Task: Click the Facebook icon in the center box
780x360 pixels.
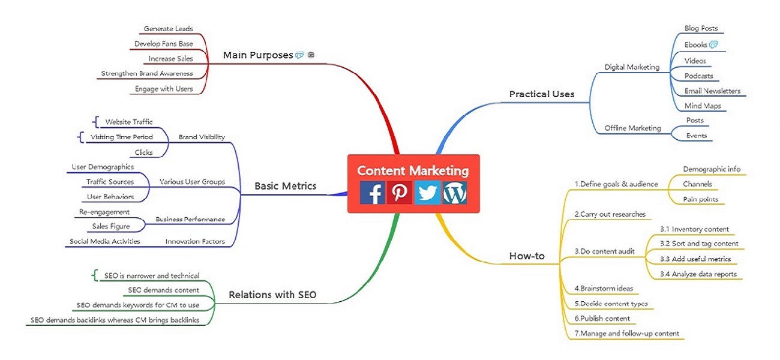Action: pos(373,192)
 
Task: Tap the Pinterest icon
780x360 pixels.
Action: pos(399,192)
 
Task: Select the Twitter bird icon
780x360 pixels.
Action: pos(427,192)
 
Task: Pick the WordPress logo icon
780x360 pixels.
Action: pos(454,192)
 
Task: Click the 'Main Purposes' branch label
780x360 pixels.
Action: pos(258,55)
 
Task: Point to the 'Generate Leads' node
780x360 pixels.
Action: pos(168,29)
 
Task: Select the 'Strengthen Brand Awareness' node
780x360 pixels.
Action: pos(147,74)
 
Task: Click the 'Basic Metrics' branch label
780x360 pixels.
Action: pos(285,186)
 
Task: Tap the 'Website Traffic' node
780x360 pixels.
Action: pos(129,122)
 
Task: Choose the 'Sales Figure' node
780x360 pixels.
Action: pos(111,226)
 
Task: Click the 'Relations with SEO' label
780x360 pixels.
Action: pos(272,295)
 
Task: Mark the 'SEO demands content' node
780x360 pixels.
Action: pos(164,290)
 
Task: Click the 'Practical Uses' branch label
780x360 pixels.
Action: pos(542,94)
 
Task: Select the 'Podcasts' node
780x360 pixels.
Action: pos(699,76)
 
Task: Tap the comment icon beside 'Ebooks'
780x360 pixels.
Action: pos(713,44)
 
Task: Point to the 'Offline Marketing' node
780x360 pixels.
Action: pos(632,128)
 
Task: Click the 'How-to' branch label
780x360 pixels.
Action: pos(527,256)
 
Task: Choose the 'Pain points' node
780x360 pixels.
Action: pos(701,199)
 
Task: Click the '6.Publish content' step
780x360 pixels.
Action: pos(602,319)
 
